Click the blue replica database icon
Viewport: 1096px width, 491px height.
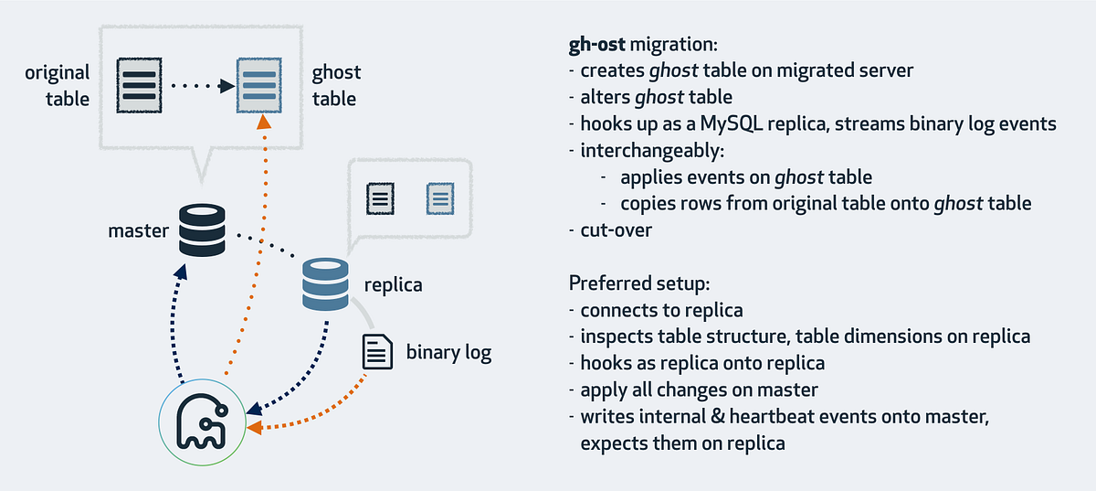pos(325,284)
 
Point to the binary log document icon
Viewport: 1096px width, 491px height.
pos(377,351)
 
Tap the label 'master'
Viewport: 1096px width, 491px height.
pos(138,230)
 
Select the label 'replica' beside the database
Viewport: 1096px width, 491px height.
pos(393,284)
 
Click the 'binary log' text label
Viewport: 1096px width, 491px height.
pos(448,352)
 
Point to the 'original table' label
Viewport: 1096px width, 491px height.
pos(57,84)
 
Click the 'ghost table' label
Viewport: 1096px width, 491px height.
pos(336,84)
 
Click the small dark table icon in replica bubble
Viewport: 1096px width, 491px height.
pos(380,196)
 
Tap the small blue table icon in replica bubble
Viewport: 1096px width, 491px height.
pos(440,196)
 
